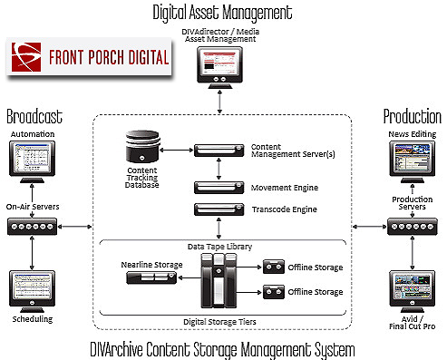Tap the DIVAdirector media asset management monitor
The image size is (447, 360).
coord(220,68)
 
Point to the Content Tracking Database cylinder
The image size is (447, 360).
coord(143,146)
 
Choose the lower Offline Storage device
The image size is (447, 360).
coord(272,293)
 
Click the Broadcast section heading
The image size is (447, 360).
coord(34,116)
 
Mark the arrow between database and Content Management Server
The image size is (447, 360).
coord(177,147)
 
